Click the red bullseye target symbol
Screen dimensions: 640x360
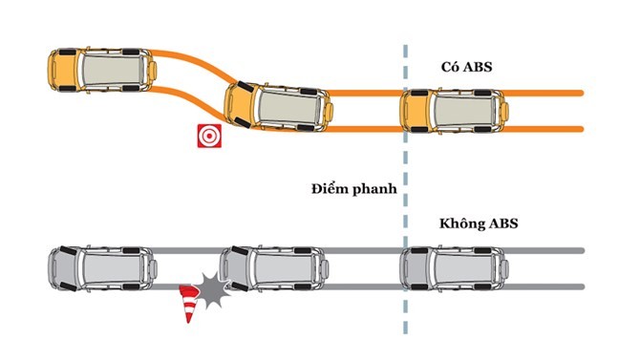207,136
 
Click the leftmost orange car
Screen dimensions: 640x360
99,70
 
